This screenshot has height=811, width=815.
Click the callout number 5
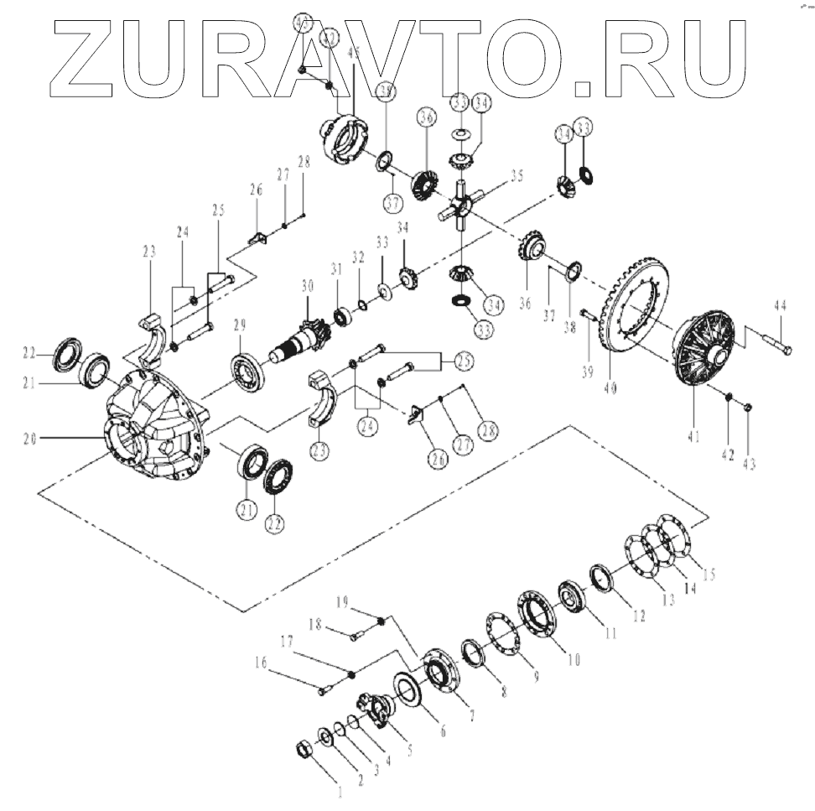[x=407, y=749]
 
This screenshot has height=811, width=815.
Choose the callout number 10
[x=573, y=659]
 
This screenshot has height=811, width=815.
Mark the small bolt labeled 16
[x=325, y=691]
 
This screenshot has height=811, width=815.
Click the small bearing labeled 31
[x=342, y=317]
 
